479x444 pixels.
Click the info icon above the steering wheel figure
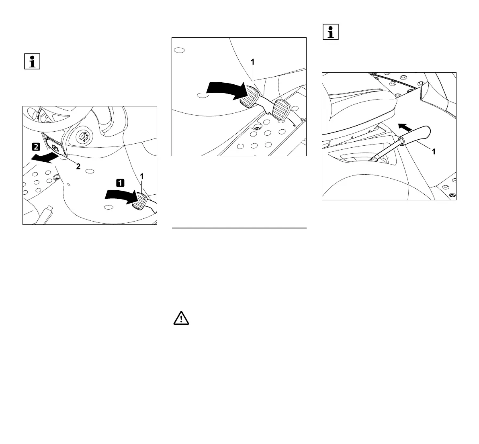pos(33,62)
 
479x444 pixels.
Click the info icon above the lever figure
pos(331,32)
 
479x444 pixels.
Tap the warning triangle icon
pos(181,318)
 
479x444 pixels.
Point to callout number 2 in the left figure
pos(78,168)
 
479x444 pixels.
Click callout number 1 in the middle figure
pos(252,62)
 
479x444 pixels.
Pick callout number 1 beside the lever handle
pos(433,152)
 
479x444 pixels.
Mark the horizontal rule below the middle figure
pos(239,228)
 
